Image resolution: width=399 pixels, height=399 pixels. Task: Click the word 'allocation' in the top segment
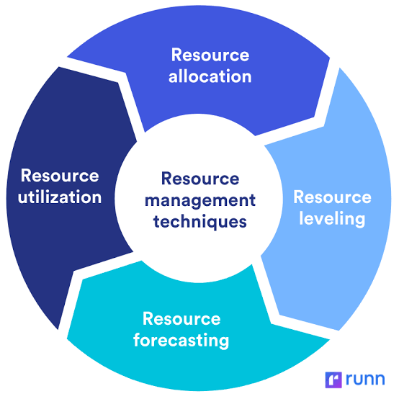[210, 76]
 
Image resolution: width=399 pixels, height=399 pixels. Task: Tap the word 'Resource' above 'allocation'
[210, 55]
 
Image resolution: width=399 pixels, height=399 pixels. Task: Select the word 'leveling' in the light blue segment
[332, 218]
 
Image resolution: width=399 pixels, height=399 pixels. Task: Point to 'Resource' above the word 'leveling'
[332, 197]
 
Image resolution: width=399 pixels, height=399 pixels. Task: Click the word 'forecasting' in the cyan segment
[181, 339]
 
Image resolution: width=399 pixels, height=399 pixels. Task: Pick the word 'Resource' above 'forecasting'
[181, 318]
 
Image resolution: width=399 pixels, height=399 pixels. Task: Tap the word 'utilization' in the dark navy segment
[60, 197]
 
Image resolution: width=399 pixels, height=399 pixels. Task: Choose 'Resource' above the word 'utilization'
[60, 176]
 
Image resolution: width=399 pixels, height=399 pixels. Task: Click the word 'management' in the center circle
[199, 199]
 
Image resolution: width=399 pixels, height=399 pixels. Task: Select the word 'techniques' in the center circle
[199, 221]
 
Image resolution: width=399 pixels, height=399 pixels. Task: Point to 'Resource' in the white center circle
[199, 178]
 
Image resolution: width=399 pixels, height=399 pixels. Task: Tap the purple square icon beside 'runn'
[333, 380]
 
